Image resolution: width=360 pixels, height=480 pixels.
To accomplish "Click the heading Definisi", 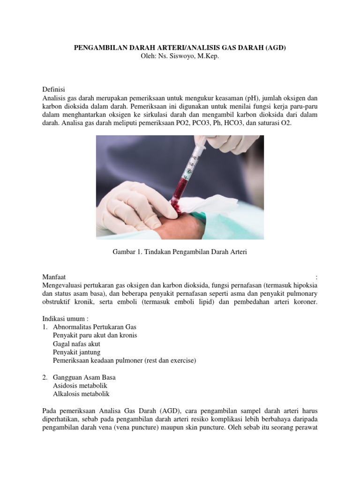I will click(53, 89).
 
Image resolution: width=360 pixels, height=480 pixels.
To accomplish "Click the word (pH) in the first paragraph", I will click(250, 97).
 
